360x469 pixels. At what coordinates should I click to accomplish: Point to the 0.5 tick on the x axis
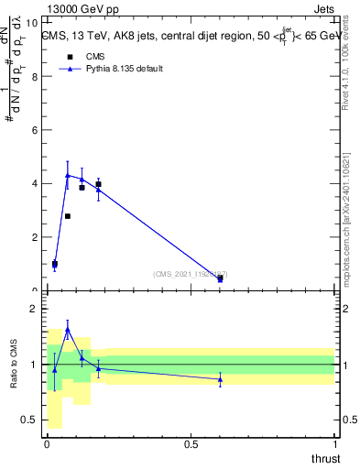pos(191,444)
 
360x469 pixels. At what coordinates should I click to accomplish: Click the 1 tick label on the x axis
pos(334,444)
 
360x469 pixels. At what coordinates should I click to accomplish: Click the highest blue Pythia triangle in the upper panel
pos(68,175)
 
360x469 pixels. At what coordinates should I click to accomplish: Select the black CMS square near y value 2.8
pos(68,216)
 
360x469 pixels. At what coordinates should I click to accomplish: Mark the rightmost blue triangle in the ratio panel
pos(220,378)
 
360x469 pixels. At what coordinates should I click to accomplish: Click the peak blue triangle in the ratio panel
pos(68,329)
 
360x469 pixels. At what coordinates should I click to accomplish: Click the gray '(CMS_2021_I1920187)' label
pos(191,274)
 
